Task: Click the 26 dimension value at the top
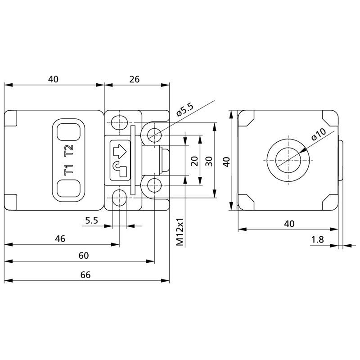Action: coord(134,79)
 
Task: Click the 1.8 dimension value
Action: coord(317,240)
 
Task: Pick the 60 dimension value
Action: coord(83,255)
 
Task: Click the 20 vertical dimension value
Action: coord(194,161)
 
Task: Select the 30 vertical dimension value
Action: coord(208,161)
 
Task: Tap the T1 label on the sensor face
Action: coord(69,171)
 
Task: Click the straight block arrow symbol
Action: coord(120,149)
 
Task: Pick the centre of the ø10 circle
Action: coord(288,161)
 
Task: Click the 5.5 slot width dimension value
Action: coord(91,220)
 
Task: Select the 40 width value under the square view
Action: coord(289,224)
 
